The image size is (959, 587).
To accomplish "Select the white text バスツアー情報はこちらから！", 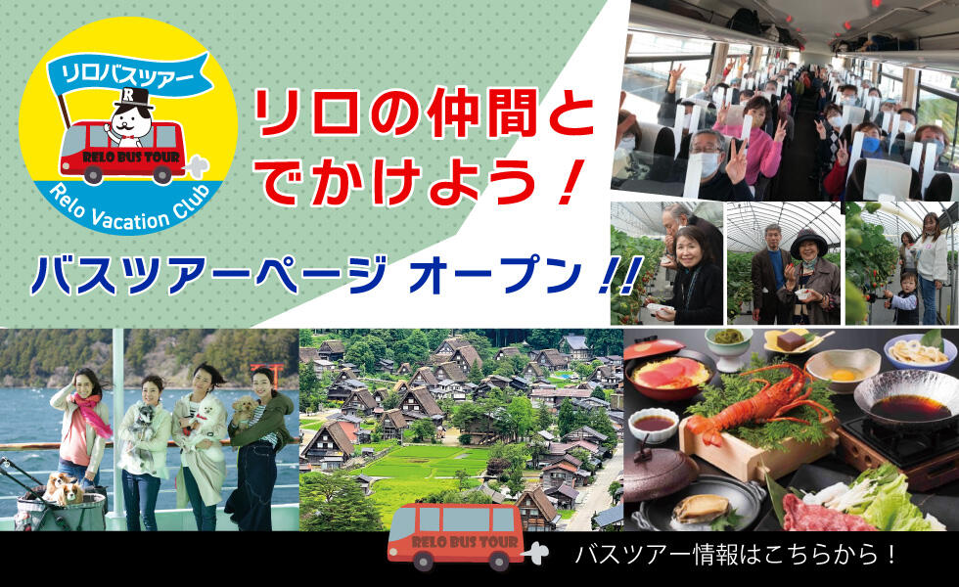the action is point(736,555).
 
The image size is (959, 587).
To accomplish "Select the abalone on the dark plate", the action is point(700,508).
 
